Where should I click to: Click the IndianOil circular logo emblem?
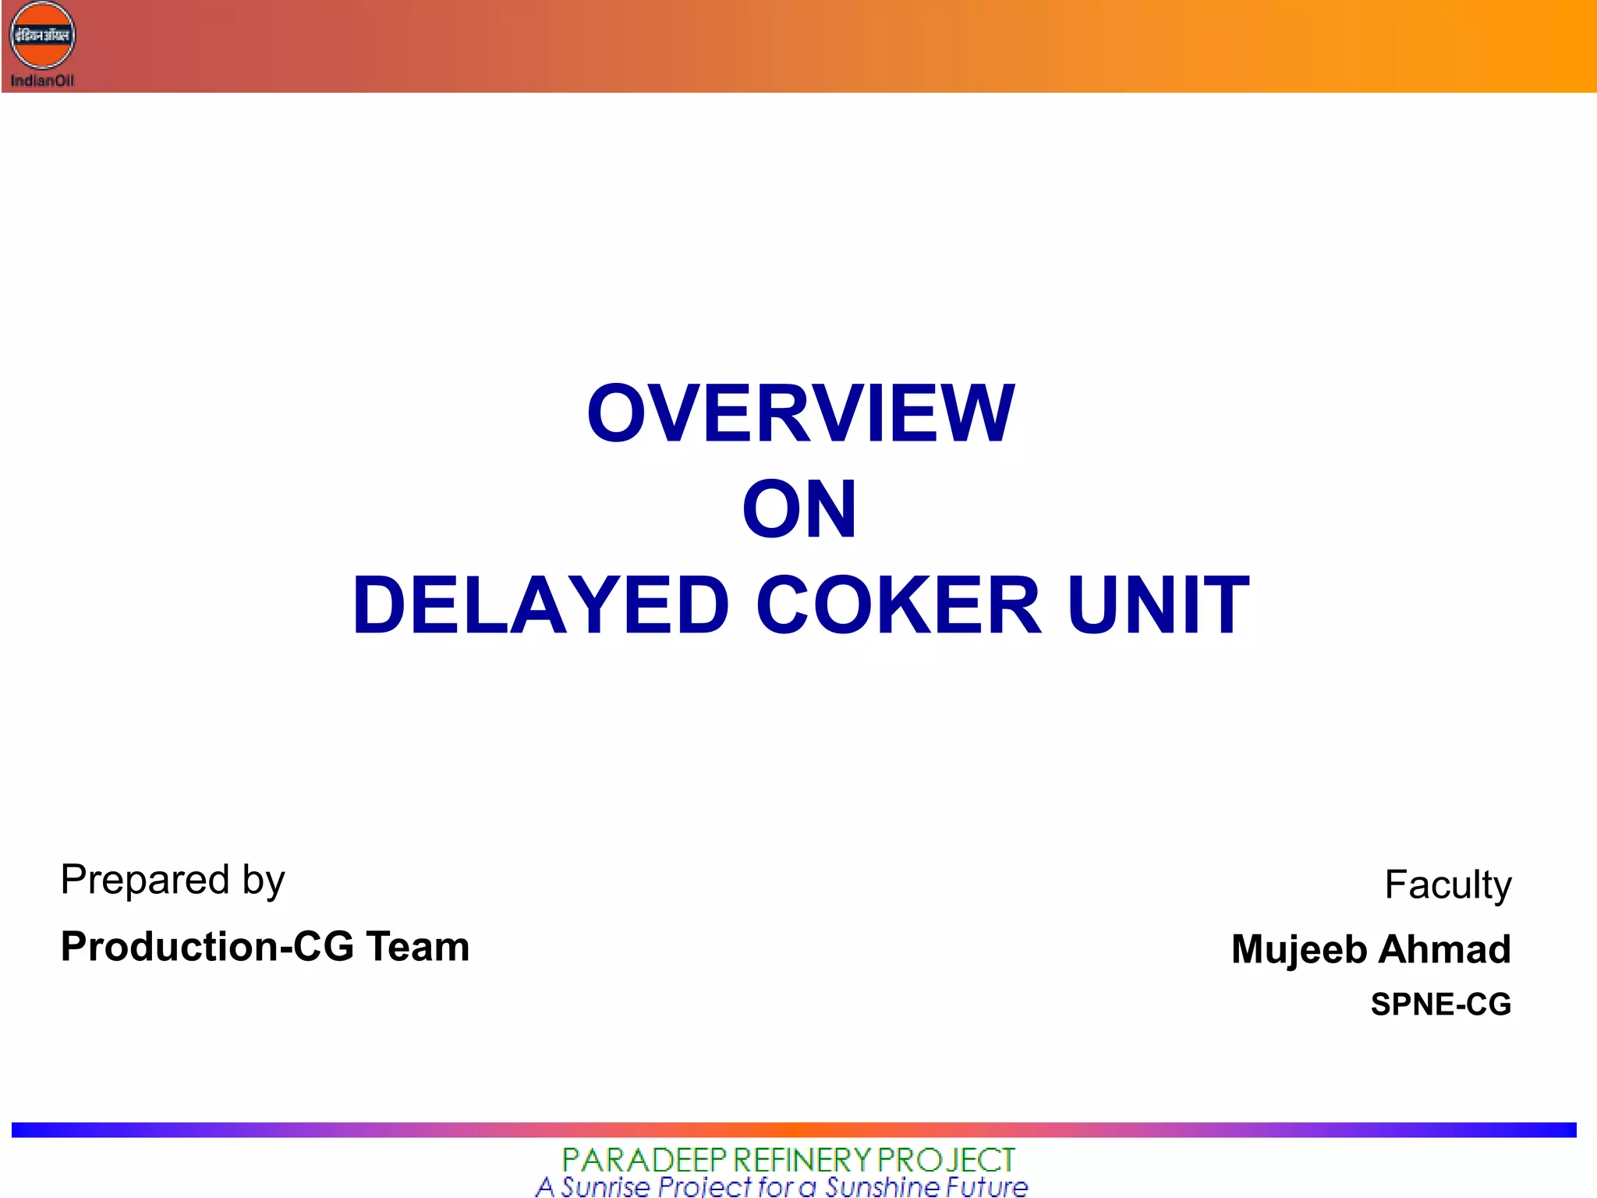(x=42, y=36)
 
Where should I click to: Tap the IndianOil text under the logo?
(x=42, y=80)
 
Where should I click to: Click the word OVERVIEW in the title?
(x=800, y=413)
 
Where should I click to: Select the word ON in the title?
(x=799, y=509)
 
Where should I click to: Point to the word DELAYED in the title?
(x=540, y=605)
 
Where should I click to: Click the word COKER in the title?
(x=898, y=605)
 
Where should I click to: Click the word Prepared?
(x=145, y=880)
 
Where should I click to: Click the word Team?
(x=418, y=947)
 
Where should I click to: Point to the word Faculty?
(x=1448, y=885)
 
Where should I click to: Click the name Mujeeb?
(x=1299, y=950)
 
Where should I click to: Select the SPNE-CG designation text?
(x=1441, y=1004)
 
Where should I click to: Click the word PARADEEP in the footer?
(x=644, y=1160)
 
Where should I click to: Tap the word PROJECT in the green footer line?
(x=946, y=1160)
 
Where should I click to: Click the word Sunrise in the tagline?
(x=605, y=1187)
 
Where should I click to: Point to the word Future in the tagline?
(x=986, y=1187)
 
